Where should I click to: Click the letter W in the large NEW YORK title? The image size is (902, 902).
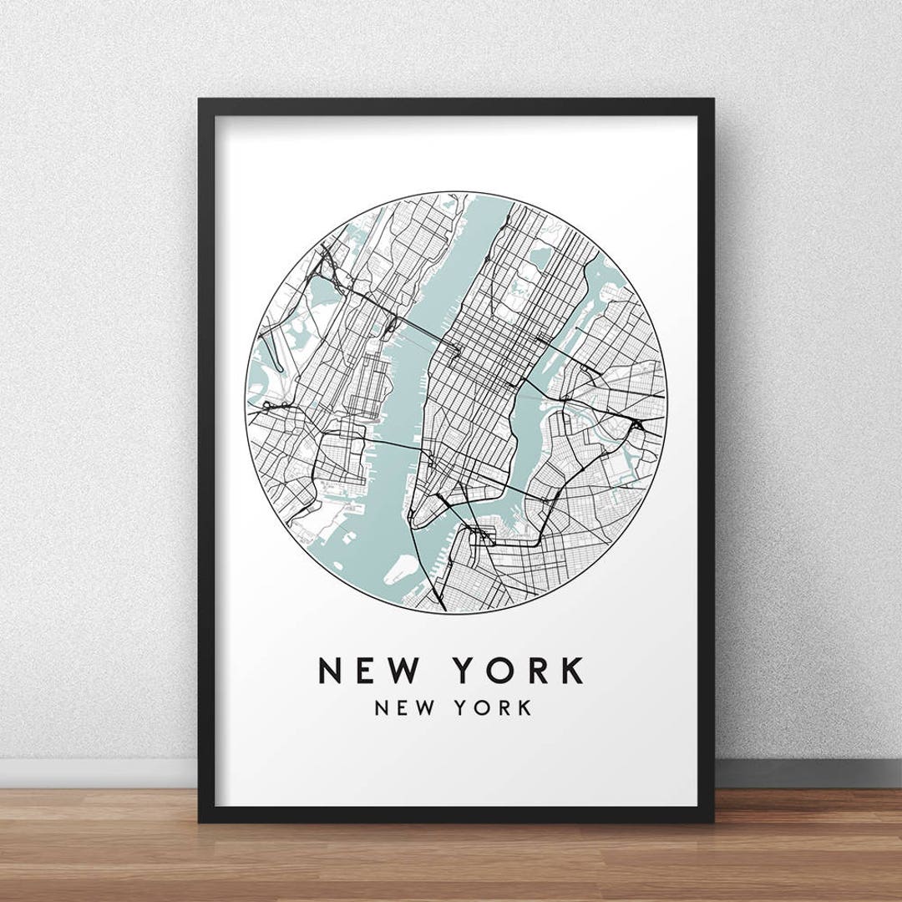[410, 671]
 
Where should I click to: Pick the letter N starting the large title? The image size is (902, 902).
[332, 671]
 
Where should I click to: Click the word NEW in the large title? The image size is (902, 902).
[372, 671]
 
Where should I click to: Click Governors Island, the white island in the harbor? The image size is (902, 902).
[402, 569]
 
